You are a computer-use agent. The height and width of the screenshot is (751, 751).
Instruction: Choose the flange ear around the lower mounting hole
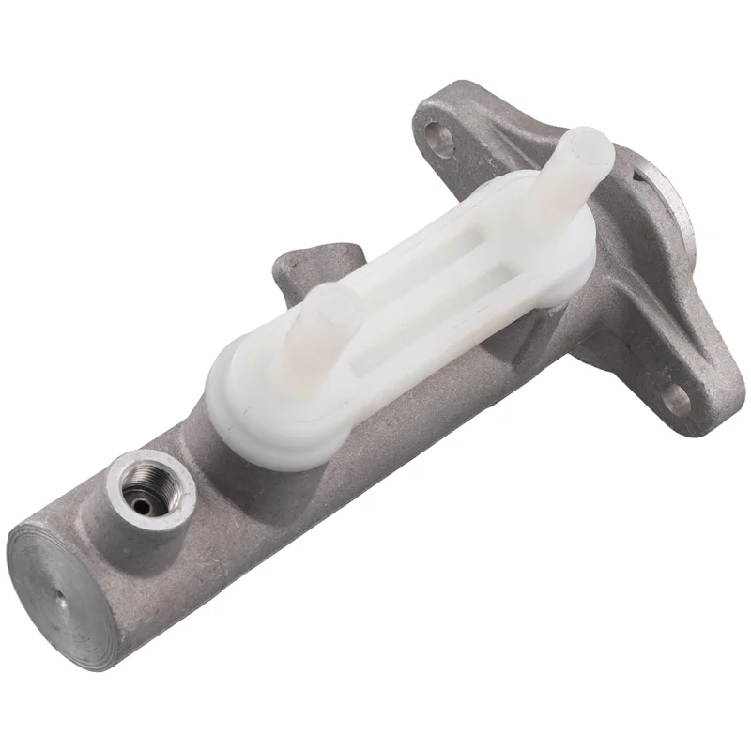[690, 394]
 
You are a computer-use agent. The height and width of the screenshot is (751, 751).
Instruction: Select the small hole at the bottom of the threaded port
[143, 505]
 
